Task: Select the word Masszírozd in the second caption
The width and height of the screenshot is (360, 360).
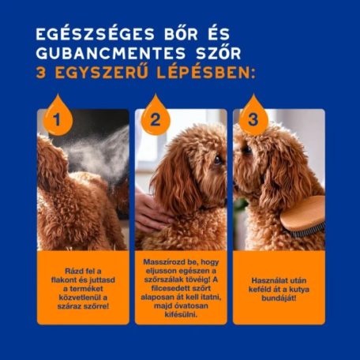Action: click(x=161, y=261)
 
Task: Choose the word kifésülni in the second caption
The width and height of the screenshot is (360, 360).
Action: click(x=181, y=313)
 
